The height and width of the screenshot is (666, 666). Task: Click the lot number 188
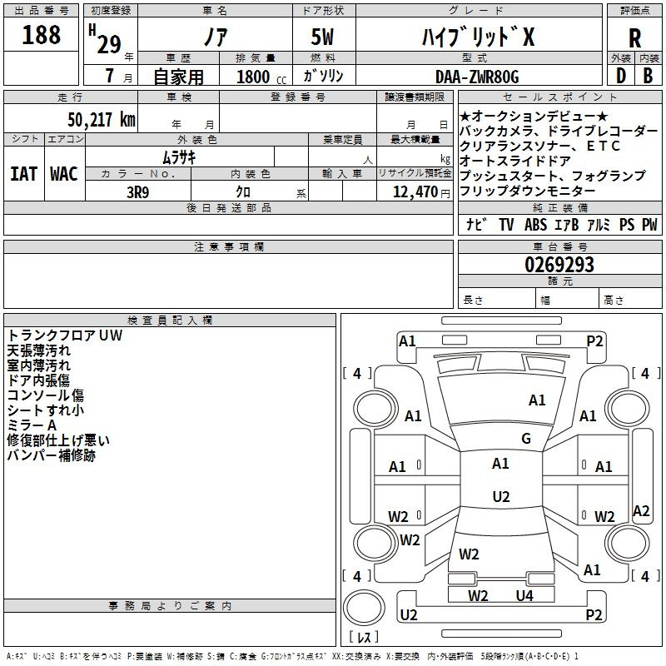click(x=42, y=35)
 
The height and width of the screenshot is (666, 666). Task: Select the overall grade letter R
click(x=634, y=38)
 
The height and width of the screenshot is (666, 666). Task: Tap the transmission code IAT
click(x=23, y=174)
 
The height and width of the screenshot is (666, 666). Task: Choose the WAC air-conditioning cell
click(x=64, y=174)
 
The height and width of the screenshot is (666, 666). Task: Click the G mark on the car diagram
click(x=525, y=439)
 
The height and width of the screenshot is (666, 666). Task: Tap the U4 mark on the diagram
click(x=524, y=595)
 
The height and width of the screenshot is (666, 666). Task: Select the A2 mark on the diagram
click(x=641, y=511)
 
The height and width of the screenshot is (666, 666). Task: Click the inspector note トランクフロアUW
click(x=65, y=336)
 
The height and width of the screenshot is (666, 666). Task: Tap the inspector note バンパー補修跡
click(x=52, y=455)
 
